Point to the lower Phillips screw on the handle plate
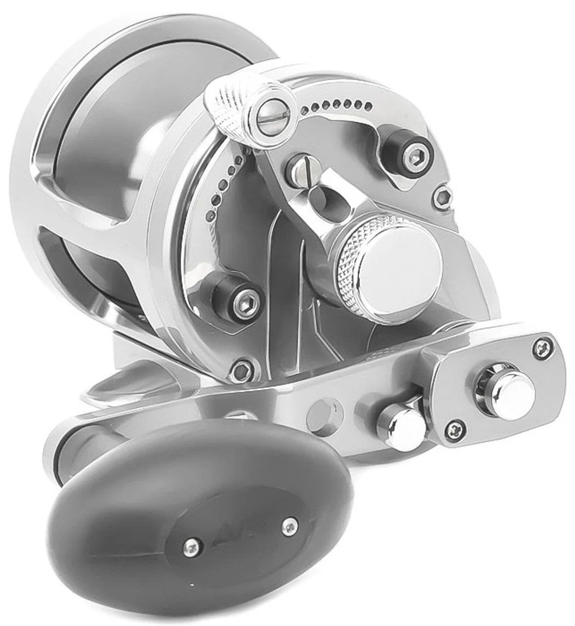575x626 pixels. click(454, 428)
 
